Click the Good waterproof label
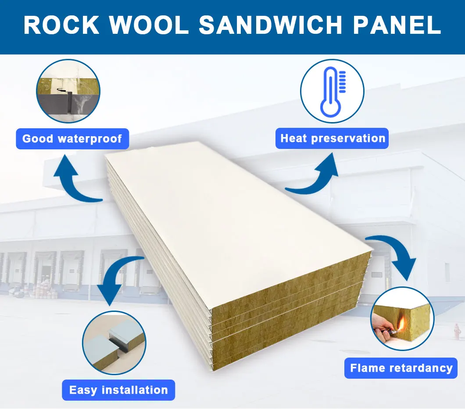[72, 139]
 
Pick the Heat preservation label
[333, 138]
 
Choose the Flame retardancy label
[401, 368]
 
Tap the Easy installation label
[118, 390]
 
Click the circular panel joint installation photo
[114, 343]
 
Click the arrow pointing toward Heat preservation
[314, 176]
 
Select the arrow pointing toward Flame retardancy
[395, 255]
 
